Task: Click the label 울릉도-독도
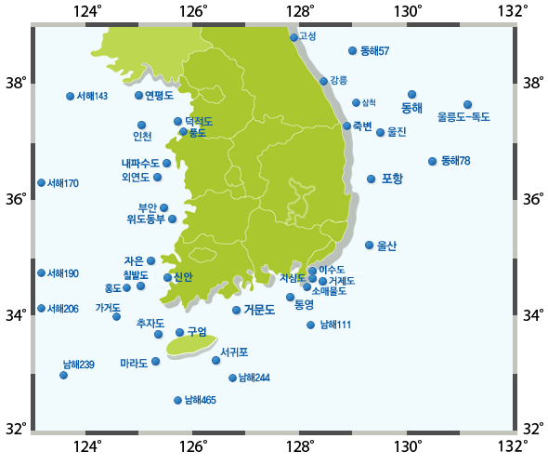coord(463,117)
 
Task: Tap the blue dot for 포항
coord(371,179)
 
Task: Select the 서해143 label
coord(92,96)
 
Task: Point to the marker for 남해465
coord(177,400)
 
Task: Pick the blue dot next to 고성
coord(294,37)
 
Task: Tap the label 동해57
coord(374,50)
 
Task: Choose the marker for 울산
coord(369,245)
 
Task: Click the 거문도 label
coord(259,310)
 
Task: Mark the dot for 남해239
coord(63,375)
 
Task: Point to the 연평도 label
coord(160,95)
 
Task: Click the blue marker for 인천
coord(141,125)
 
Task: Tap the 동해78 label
coord(455,161)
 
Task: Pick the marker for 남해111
coord(310,325)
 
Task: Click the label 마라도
coord(134,363)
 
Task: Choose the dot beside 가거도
coord(116,316)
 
